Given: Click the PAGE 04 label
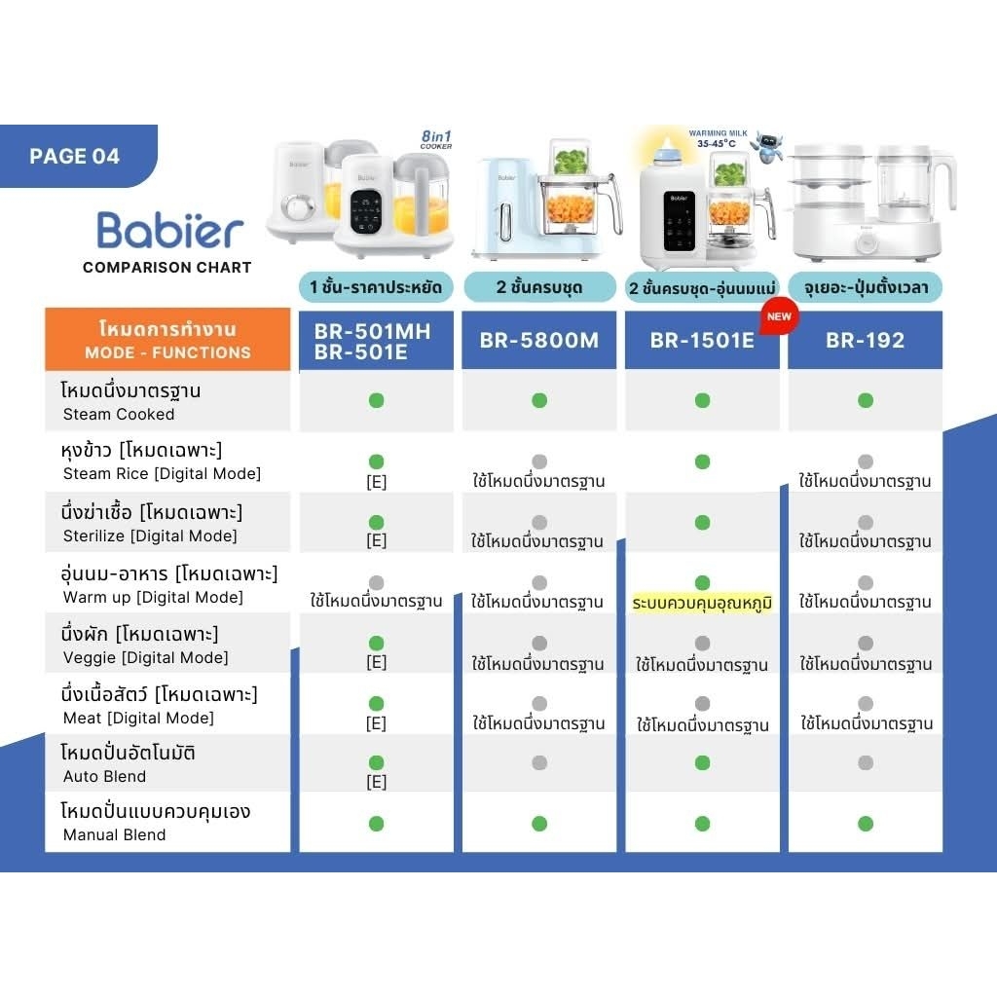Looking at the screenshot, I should click(75, 156).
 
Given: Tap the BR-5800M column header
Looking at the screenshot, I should click(538, 340).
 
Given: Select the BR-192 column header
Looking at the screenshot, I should click(865, 340).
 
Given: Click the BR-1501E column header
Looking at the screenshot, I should click(701, 340).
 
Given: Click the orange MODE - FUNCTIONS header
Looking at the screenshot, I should click(167, 340).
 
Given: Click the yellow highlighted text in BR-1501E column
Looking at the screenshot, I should click(702, 603).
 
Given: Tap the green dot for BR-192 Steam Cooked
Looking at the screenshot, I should click(866, 400).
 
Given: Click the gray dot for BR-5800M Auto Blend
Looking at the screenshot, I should click(539, 762).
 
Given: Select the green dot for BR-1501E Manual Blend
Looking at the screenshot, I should click(702, 824).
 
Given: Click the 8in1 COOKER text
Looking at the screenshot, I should click(435, 139).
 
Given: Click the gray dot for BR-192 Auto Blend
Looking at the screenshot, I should click(866, 762).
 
